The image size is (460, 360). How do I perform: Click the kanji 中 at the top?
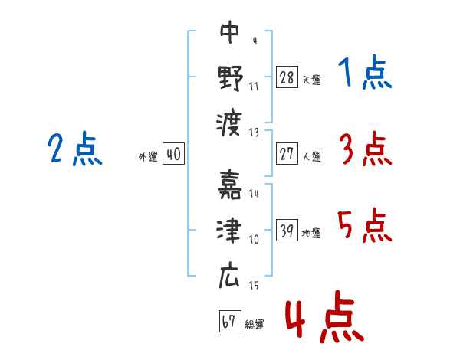click(x=229, y=32)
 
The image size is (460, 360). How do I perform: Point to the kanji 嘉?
click(x=230, y=187)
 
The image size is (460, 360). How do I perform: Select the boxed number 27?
click(x=287, y=154)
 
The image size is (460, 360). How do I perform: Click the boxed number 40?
click(x=173, y=154)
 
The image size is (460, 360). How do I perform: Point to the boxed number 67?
click(x=229, y=322)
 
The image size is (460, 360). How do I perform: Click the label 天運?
click(x=311, y=79)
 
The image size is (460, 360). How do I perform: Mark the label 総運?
click(x=255, y=325)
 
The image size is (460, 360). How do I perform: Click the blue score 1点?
click(x=365, y=74)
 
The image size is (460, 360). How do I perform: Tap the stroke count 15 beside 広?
click(x=254, y=286)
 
